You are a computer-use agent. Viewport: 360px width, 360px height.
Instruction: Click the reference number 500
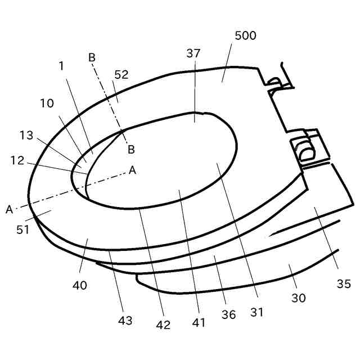coord(245,35)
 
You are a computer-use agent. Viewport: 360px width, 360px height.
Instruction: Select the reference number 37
coord(193,53)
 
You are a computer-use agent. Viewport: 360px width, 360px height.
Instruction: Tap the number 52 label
coord(121,75)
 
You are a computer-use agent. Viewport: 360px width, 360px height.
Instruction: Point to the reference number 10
coord(47,103)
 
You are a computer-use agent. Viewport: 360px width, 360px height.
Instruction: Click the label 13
coord(26,135)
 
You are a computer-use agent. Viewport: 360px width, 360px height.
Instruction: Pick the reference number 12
coord(17,160)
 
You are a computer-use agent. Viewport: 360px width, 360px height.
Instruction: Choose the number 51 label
coord(22,229)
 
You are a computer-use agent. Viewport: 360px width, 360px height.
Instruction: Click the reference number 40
coord(80,285)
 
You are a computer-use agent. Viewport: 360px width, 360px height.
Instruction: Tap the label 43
coord(125,321)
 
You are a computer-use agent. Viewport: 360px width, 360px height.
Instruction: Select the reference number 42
coord(163,325)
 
